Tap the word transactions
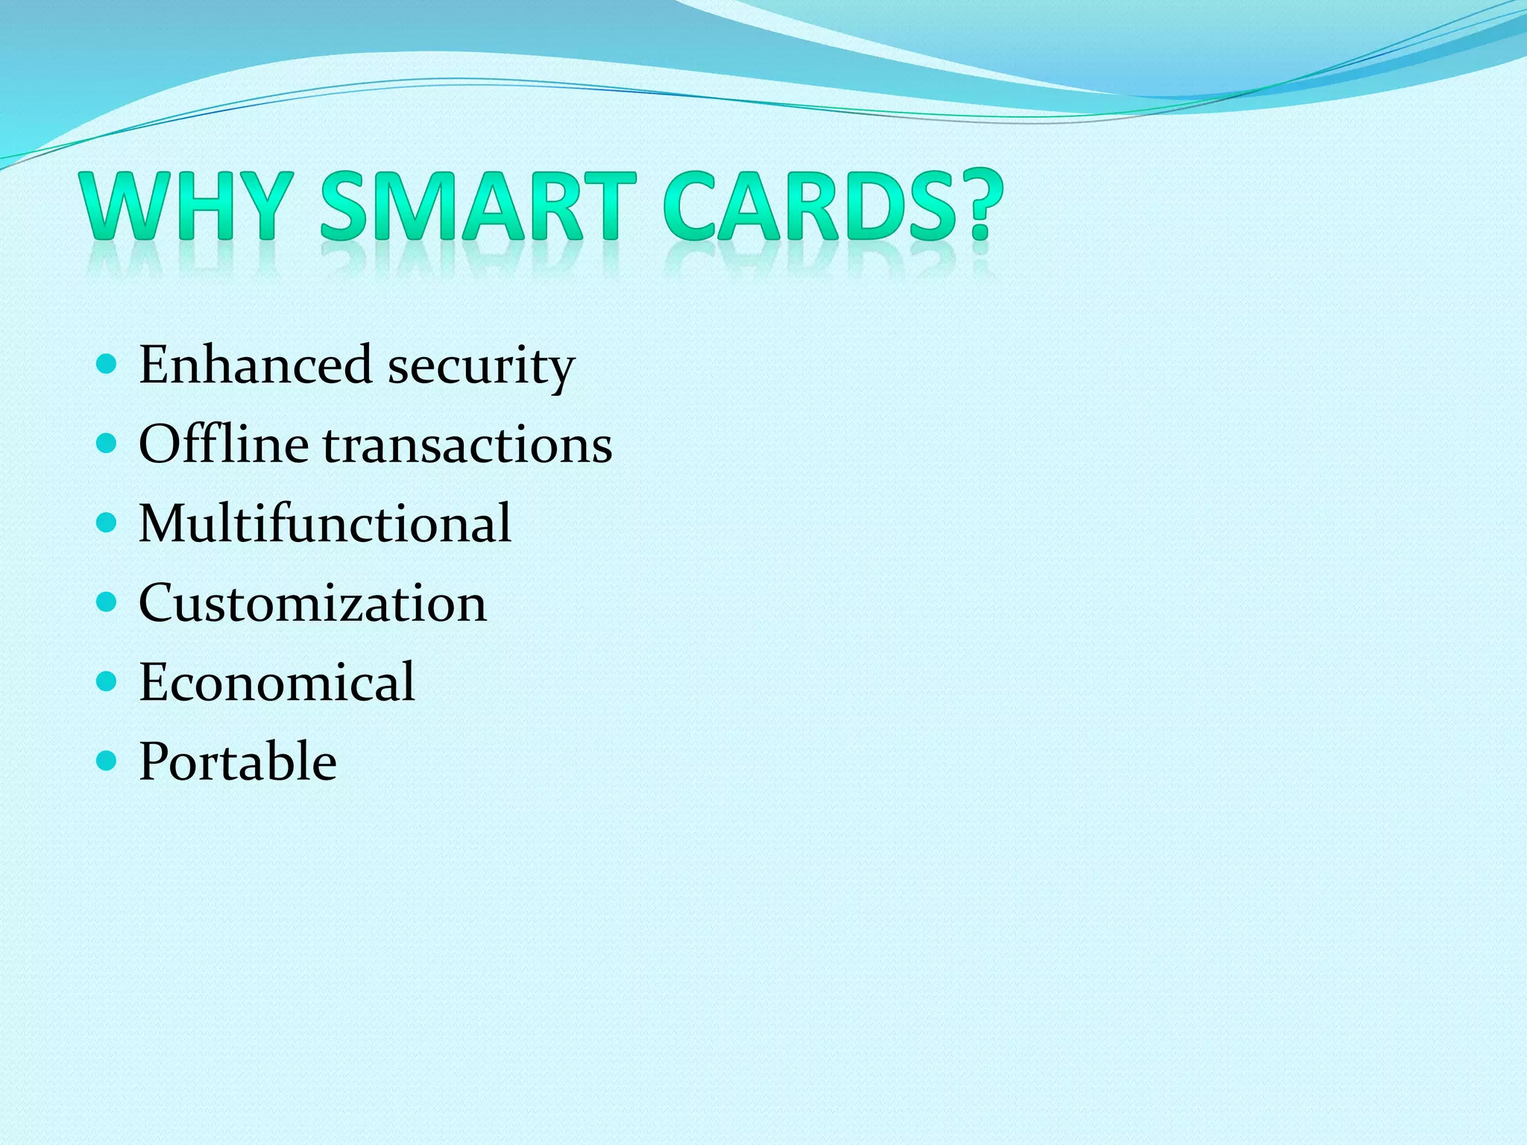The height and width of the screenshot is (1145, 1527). click(x=467, y=446)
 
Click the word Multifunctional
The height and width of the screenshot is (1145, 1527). click(x=325, y=523)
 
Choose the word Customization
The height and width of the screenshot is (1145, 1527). click(x=312, y=602)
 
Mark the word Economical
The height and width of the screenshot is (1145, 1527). click(x=277, y=681)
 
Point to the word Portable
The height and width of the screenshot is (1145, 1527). click(x=238, y=761)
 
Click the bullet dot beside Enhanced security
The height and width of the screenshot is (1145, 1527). click(x=107, y=365)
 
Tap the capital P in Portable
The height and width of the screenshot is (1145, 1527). click(x=156, y=761)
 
